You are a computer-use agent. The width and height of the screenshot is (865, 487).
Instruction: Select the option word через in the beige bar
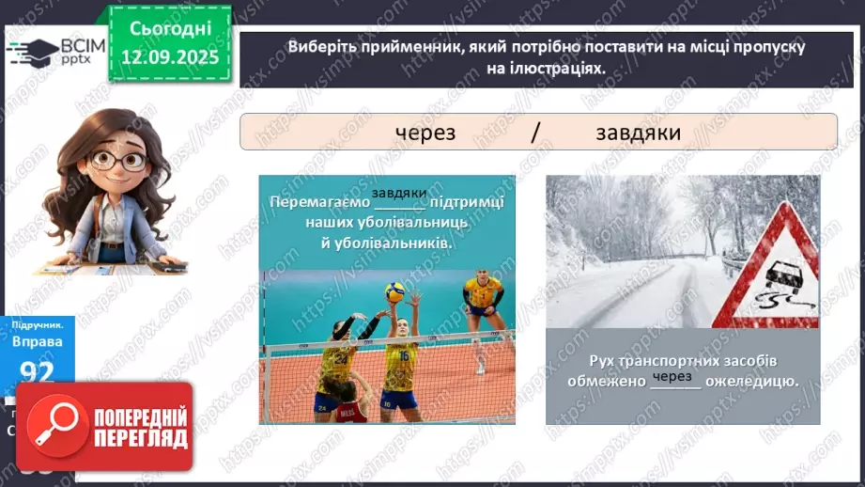pyautogui.click(x=425, y=133)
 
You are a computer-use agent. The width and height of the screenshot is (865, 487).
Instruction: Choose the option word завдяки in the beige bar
pyautogui.click(x=638, y=133)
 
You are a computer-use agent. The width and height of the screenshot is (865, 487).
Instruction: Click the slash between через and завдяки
pyautogui.click(x=534, y=133)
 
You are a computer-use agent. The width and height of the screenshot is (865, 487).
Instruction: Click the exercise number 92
pyautogui.click(x=37, y=372)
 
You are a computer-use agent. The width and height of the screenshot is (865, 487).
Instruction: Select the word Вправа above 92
pyautogui.click(x=39, y=341)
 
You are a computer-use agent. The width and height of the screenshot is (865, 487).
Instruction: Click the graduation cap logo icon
pyautogui.click(x=33, y=50)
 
